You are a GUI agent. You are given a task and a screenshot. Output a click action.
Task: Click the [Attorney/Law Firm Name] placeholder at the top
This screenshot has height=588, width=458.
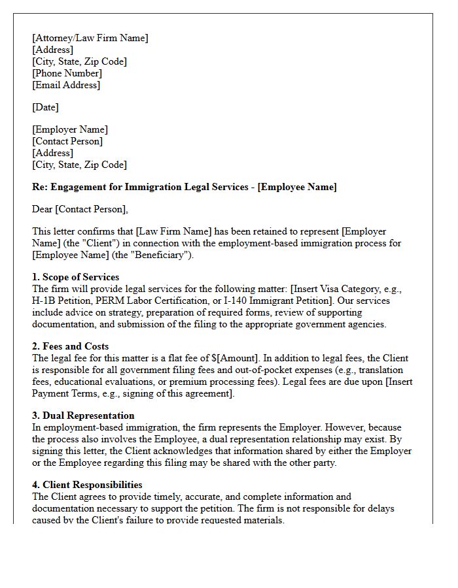click(x=90, y=38)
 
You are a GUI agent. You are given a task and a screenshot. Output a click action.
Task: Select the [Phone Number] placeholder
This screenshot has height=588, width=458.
click(x=67, y=73)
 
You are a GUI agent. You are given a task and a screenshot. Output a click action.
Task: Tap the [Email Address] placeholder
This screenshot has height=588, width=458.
click(x=66, y=85)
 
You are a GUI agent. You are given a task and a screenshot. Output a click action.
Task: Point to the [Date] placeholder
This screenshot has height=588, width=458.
click(x=45, y=107)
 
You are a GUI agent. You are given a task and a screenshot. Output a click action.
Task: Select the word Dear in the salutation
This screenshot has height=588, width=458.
click(x=43, y=209)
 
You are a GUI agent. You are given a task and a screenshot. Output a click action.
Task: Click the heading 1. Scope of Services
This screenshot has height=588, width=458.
click(x=75, y=277)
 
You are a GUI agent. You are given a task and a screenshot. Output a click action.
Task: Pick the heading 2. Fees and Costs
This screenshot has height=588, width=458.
click(x=70, y=346)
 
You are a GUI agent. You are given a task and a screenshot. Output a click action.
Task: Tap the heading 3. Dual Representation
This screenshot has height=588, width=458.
click(x=83, y=416)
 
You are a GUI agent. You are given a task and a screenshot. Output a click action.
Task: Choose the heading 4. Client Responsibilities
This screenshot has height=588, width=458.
click(x=87, y=485)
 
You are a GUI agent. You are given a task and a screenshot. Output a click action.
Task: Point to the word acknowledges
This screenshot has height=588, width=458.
click(x=185, y=451)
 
